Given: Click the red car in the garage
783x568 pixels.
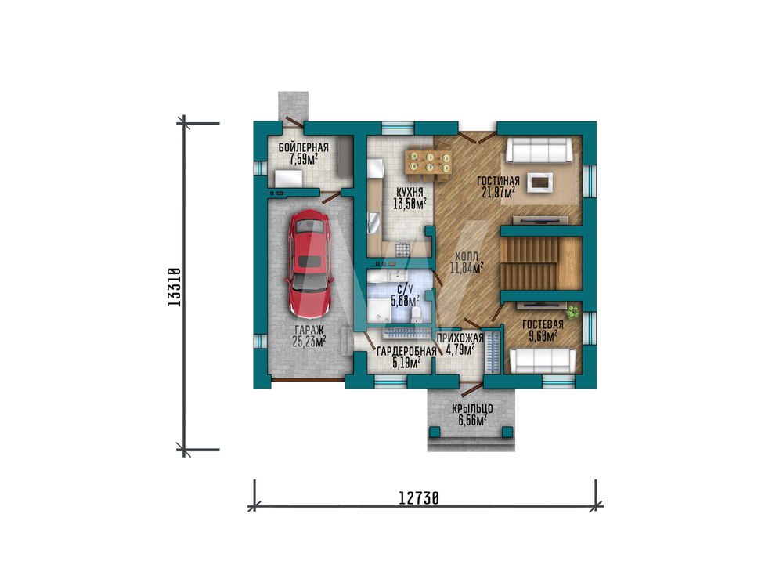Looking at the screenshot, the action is pos(309,264).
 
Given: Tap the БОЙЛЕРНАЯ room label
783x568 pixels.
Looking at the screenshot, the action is pos(304,147).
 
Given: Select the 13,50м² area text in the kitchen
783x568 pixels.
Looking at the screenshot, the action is pos(410,204).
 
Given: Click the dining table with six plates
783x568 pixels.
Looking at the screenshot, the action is pos(429,161).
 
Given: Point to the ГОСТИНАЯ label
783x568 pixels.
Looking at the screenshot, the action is pos(498,181).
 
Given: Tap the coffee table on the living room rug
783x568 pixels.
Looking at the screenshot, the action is pos(540,183).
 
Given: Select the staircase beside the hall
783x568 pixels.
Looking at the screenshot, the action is pos(541,263).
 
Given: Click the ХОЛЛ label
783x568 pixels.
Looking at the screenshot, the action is pos(467,256).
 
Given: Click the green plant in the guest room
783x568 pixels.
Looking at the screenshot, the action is pos(573,313).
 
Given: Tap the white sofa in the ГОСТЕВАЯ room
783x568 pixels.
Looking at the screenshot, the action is pos(543,360).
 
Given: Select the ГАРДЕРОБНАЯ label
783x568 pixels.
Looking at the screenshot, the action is pos(406,351).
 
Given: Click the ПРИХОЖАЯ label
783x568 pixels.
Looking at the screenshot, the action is pos(460,338).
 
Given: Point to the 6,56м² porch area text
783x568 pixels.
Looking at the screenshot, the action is pos(472,420).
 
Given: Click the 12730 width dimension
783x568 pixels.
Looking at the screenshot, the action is pos(419,498).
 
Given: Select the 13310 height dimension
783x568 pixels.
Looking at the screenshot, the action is pos(175,287).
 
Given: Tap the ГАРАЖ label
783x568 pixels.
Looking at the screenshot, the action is pos(309,330).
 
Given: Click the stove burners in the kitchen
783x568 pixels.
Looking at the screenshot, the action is pos(402,249).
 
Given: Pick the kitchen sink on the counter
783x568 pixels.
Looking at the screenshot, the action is pos(374,222).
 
